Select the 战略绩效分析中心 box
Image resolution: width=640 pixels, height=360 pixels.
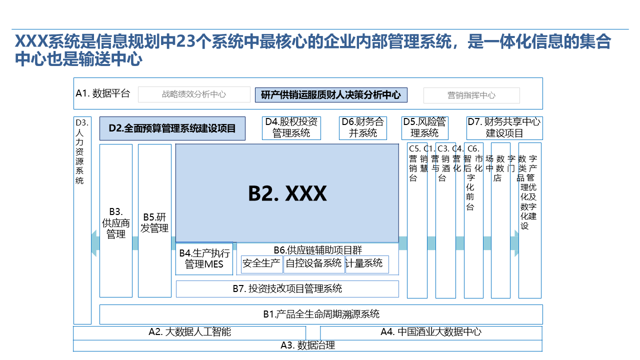click(194, 94)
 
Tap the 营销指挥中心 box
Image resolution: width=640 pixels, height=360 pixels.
click(471, 95)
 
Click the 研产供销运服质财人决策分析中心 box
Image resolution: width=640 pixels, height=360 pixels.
click(331, 95)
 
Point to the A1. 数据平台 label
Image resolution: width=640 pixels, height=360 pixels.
click(103, 93)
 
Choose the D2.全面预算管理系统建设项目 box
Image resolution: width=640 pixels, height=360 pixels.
click(172, 128)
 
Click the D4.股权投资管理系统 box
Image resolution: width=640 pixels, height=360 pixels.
click(291, 128)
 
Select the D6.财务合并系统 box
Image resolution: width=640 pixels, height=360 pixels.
click(363, 128)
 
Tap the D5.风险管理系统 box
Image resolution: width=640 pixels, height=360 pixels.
click(424, 128)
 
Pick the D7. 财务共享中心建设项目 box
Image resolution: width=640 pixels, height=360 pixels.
click(504, 128)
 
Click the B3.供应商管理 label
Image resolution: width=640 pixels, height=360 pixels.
click(116, 222)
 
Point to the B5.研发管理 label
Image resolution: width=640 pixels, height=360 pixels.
click(154, 223)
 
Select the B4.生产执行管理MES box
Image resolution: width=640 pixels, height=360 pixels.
click(204, 258)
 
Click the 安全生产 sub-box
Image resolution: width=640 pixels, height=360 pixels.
click(261, 263)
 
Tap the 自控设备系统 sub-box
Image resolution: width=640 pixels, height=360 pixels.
click(313, 263)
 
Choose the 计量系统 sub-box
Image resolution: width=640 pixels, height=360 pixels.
click(366, 263)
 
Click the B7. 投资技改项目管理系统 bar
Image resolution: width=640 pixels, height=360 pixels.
click(287, 289)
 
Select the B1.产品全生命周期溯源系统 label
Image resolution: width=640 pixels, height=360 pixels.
click(321, 314)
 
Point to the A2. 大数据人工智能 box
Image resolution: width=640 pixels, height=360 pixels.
click(189, 332)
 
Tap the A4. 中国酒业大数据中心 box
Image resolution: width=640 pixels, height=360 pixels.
click(431, 332)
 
